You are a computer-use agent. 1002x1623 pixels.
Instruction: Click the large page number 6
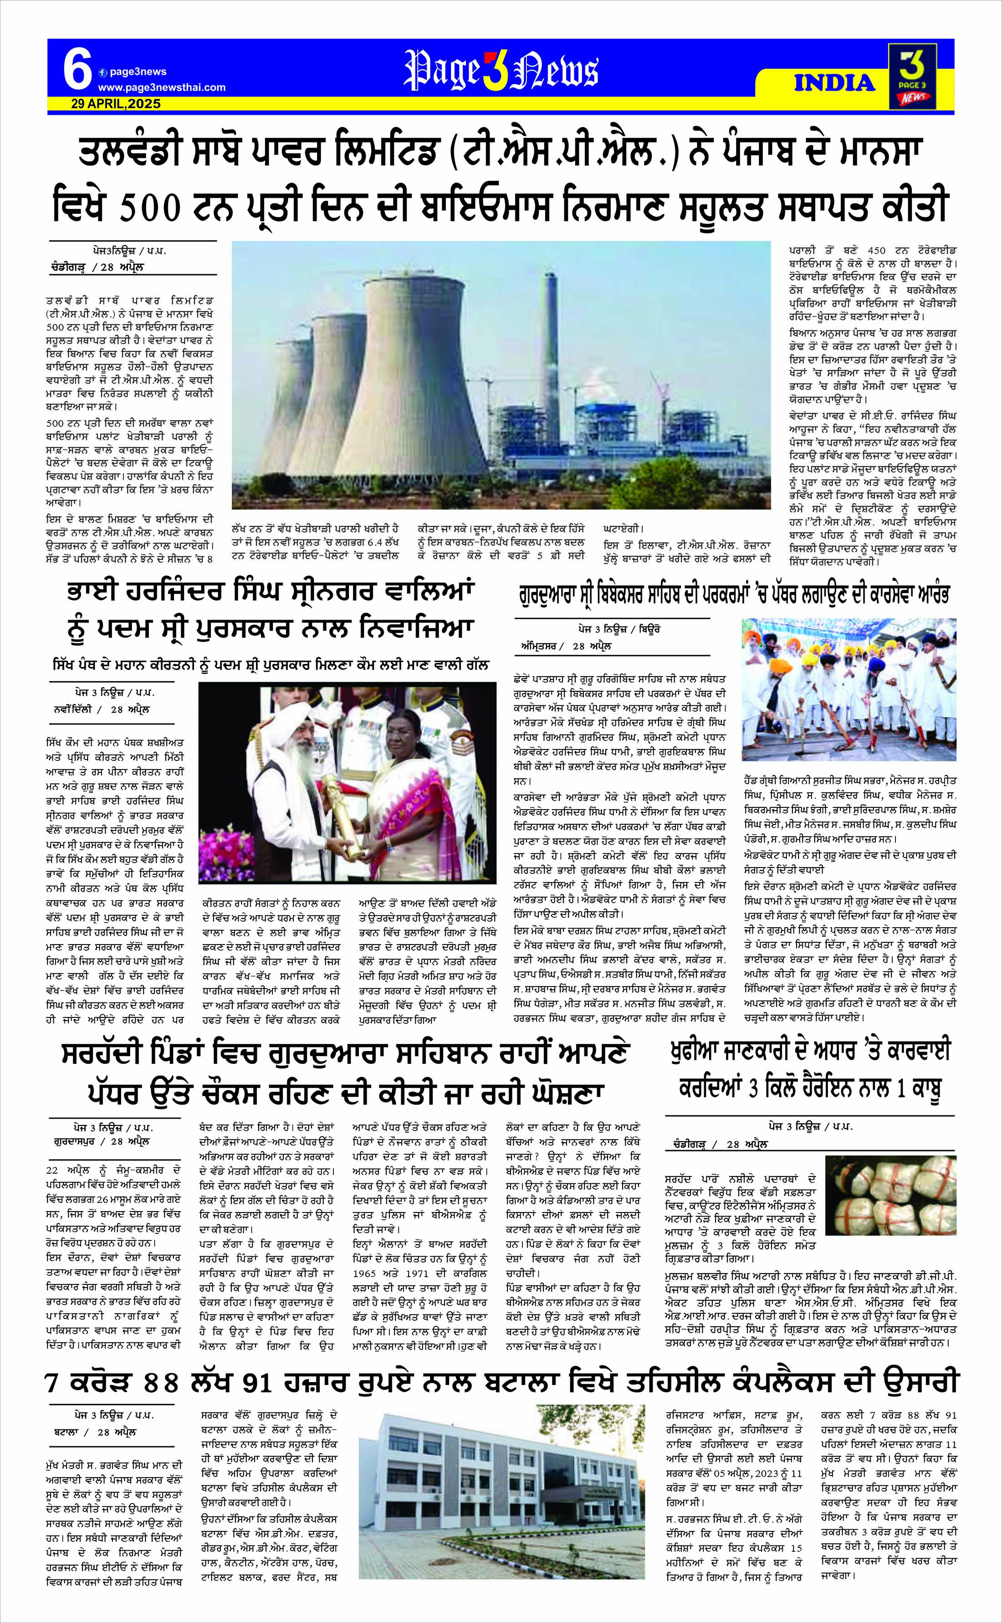tap(77, 72)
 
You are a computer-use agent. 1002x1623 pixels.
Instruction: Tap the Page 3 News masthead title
tap(501, 72)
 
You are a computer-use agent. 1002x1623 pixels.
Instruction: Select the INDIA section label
tap(834, 83)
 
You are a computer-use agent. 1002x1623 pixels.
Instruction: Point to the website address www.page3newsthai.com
tap(162, 87)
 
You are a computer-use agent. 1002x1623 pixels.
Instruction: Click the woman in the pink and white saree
tap(398, 789)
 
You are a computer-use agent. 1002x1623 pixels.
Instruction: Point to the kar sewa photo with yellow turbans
tap(849, 689)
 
